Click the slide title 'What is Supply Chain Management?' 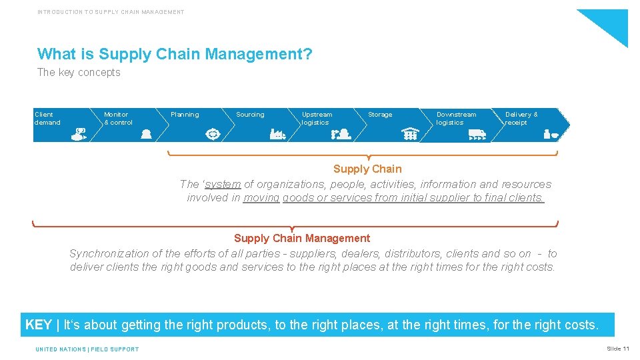175,54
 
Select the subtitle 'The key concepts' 79,73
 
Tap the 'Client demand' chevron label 47,119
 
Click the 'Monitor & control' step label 118,119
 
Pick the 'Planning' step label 185,115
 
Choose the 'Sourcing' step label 250,115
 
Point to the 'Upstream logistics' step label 317,119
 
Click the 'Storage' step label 380,115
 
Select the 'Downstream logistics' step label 456,119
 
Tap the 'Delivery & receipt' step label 521,119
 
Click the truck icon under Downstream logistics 477,135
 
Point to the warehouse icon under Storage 410,134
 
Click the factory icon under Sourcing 277,134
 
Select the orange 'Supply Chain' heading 367,169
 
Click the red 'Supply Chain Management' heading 301,239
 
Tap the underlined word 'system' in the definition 223,184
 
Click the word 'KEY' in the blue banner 38,325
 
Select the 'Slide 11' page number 617,349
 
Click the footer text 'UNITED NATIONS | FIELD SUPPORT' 87,349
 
